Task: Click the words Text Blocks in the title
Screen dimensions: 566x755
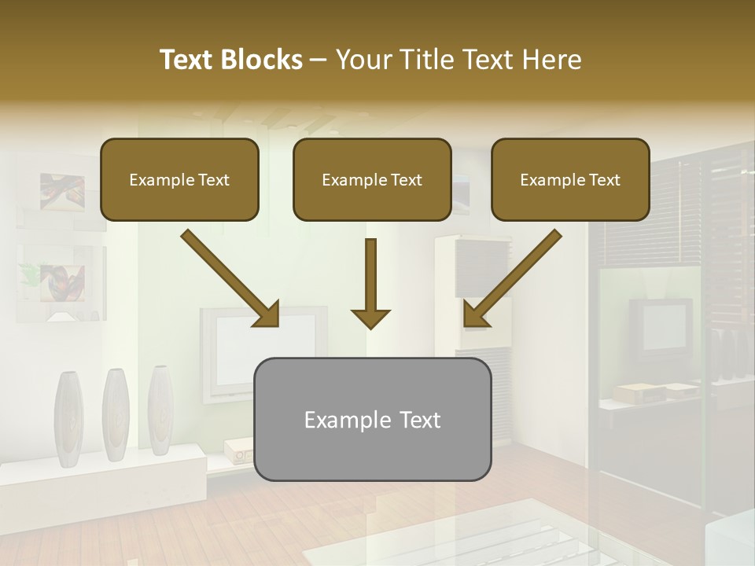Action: (x=230, y=60)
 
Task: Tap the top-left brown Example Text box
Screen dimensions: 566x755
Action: (x=179, y=179)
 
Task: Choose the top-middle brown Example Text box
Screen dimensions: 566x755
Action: (x=372, y=179)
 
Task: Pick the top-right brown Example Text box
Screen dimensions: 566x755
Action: (x=570, y=179)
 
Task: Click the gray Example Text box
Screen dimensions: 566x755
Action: (x=372, y=419)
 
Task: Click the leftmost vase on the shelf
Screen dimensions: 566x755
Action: (x=68, y=415)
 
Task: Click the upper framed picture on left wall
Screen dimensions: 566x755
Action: (x=62, y=192)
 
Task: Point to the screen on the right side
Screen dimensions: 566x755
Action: (x=666, y=325)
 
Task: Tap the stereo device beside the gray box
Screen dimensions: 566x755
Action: (x=238, y=451)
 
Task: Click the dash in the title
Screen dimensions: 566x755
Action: (x=319, y=60)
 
